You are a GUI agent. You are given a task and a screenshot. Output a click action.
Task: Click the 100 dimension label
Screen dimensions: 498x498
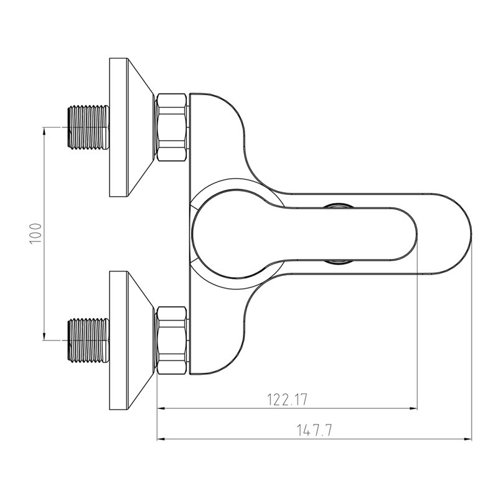pos(35,233)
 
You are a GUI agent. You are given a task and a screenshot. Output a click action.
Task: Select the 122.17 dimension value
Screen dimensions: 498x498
pos(287,400)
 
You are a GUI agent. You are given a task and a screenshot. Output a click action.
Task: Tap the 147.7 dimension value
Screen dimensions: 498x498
pos(314,430)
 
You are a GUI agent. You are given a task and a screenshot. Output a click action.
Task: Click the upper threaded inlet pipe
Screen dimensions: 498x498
pos(88,128)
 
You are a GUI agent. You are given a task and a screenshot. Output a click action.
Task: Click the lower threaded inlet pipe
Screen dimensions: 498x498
pos(88,340)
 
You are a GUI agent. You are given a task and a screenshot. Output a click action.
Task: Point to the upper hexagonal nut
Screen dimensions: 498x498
pos(172,128)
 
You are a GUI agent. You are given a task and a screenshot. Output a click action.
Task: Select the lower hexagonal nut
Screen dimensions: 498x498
pos(172,340)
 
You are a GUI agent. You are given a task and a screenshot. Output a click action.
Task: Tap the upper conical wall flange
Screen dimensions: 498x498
pos(131,128)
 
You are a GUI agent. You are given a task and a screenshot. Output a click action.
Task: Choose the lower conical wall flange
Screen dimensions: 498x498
pos(131,340)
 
